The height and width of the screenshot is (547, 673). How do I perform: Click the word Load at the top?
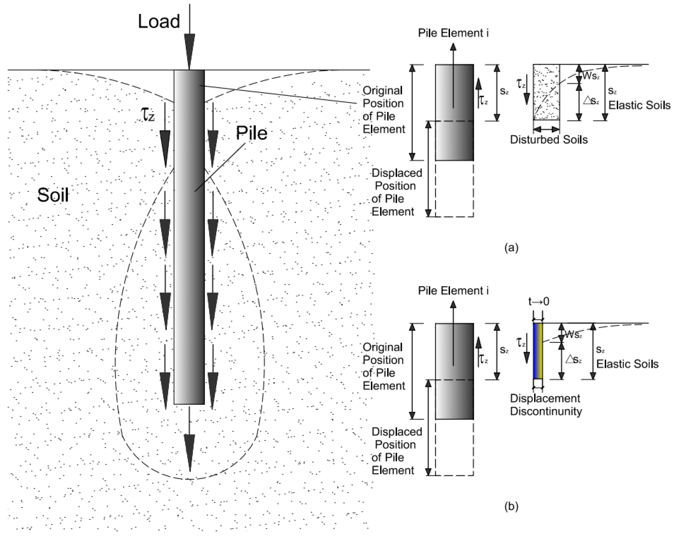coord(159,21)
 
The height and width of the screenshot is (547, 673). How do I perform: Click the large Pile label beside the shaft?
coord(251,133)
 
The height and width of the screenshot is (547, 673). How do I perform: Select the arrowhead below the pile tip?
coord(190,452)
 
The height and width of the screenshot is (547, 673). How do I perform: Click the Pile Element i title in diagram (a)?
coord(453,33)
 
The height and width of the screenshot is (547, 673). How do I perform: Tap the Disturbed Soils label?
coord(549,140)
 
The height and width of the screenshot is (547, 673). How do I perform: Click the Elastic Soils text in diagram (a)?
coord(639,105)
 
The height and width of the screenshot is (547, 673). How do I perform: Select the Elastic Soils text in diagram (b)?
coord(627,364)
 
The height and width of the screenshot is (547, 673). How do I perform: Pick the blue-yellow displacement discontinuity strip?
coord(538,351)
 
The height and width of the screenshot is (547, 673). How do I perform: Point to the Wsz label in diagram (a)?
coord(591,76)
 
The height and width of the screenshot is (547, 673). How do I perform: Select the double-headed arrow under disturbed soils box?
coord(546,129)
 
